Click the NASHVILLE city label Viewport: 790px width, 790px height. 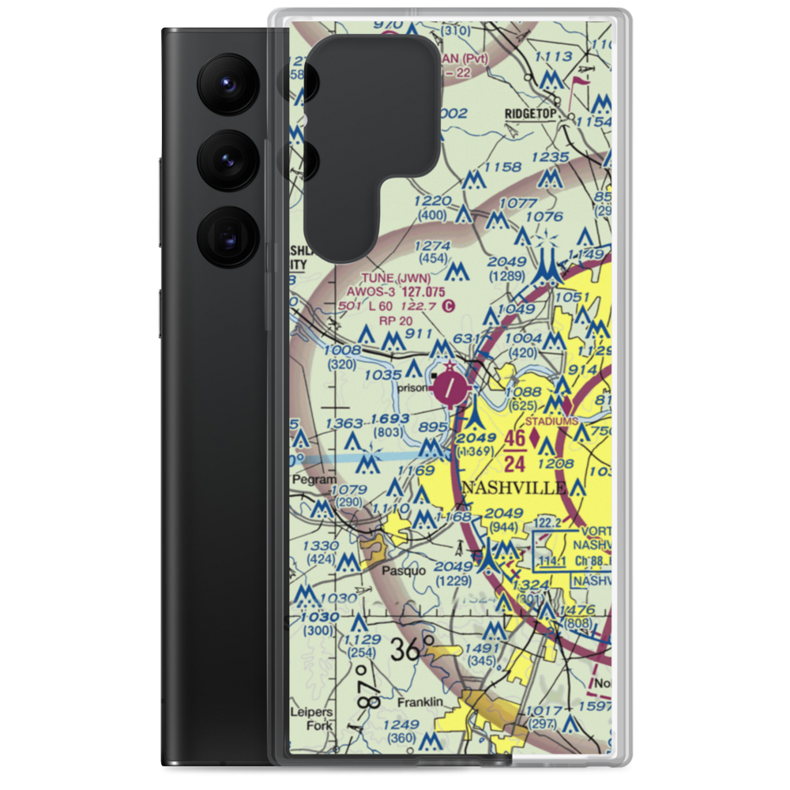point(513,487)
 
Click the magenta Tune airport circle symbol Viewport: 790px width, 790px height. point(450,386)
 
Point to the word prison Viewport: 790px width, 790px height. point(414,388)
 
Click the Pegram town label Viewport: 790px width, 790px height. point(314,480)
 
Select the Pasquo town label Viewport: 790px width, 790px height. point(401,570)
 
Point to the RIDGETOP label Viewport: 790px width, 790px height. point(532,114)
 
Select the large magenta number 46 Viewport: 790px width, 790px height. point(515,439)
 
